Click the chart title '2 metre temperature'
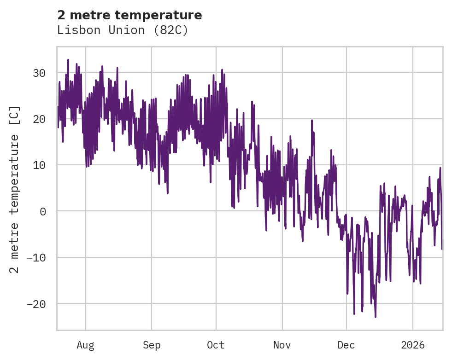pyautogui.click(x=129, y=15)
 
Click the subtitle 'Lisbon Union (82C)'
pyautogui.click(x=123, y=30)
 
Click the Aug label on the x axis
pyautogui.click(x=85, y=345)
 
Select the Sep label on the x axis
pyautogui.click(x=151, y=345)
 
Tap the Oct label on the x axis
pyautogui.click(x=216, y=345)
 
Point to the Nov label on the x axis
pyautogui.click(x=282, y=345)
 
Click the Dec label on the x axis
pyautogui.click(x=346, y=345)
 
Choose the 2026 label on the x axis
pyautogui.click(x=412, y=345)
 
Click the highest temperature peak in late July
pyautogui.click(x=68, y=59)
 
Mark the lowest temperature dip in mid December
pyautogui.click(x=376, y=317)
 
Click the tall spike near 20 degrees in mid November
pyautogui.click(x=311, y=121)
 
